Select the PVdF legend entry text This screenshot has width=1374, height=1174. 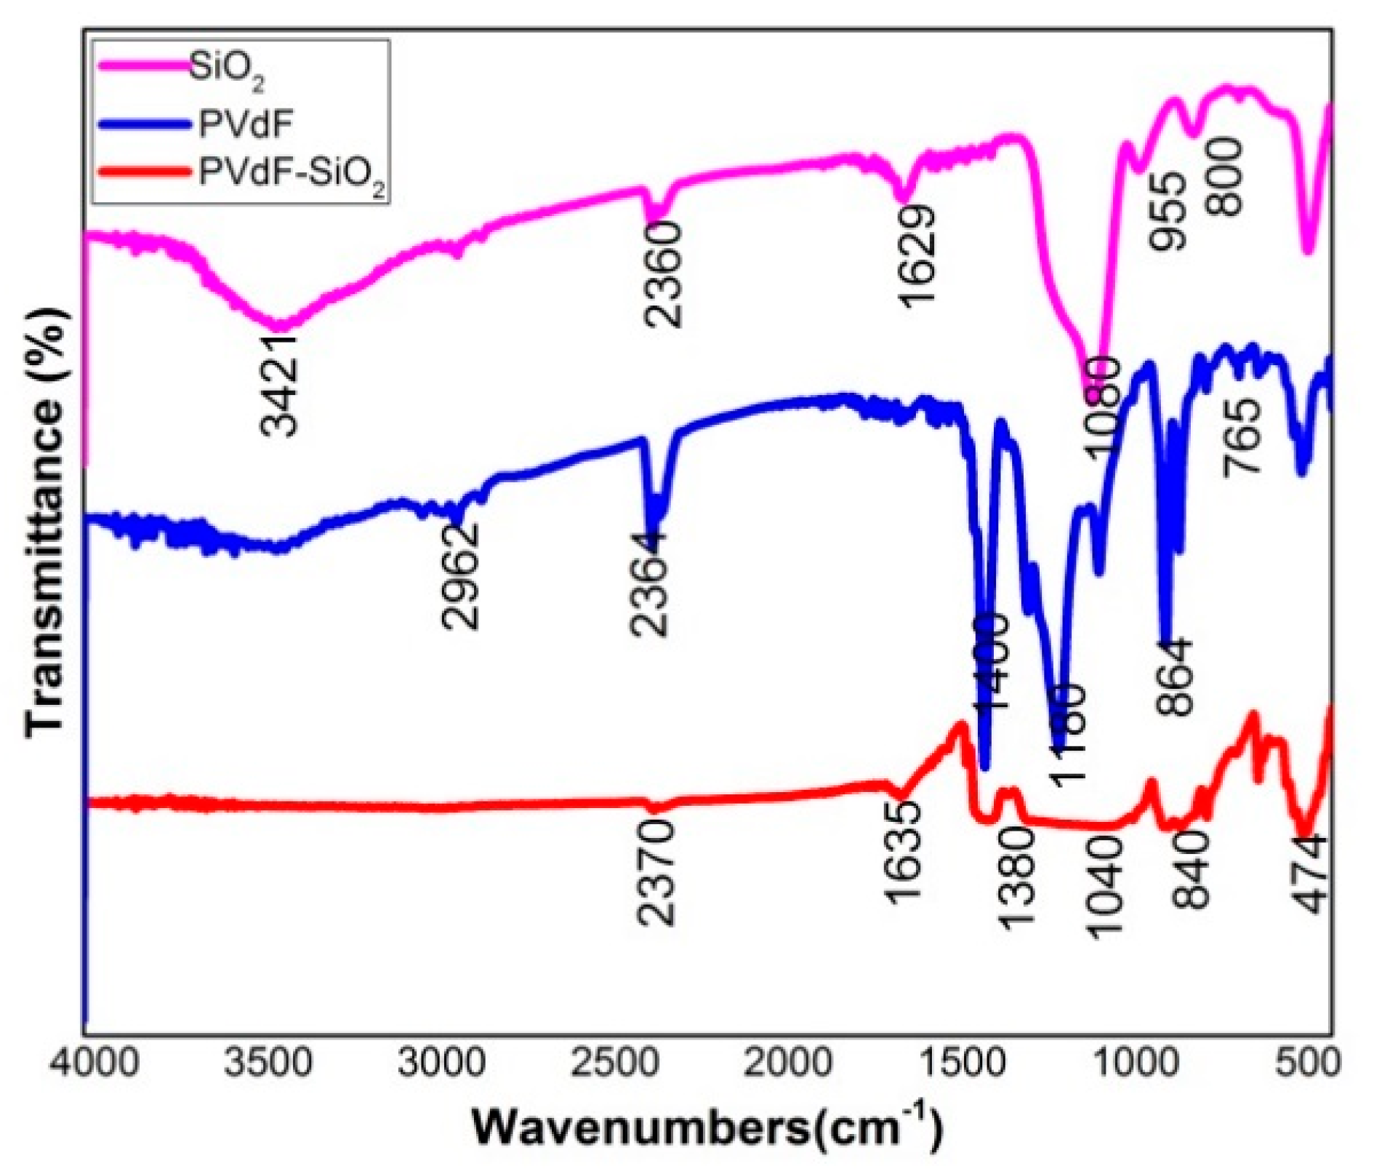point(245,123)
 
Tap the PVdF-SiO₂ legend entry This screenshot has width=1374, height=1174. point(292,175)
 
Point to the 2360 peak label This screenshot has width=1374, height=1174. point(664,274)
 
